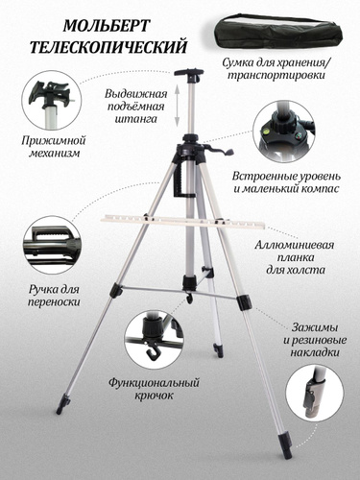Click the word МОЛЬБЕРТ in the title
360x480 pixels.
pyautogui.click(x=107, y=26)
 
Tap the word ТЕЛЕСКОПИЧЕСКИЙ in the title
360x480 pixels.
pyautogui.click(x=108, y=47)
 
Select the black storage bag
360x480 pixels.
pyautogui.click(x=277, y=33)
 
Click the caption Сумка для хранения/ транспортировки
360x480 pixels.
pyautogui.click(x=277, y=68)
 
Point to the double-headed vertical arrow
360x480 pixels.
pyautogui.click(x=177, y=107)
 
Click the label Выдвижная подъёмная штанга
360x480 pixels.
pyautogui.click(x=136, y=107)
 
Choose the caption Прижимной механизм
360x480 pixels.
pyautogui.click(x=54, y=146)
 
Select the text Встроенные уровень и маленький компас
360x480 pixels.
pyautogui.click(x=286, y=182)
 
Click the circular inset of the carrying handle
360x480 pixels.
pyautogui.click(x=51, y=245)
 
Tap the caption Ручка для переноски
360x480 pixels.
pyautogui.click(x=54, y=296)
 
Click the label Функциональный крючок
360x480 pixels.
pyautogui.click(x=154, y=389)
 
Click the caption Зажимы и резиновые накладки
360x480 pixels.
pyautogui.click(x=315, y=340)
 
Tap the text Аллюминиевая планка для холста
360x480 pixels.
pyautogui.click(x=295, y=257)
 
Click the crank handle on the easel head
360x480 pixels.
pyautogui.click(x=223, y=151)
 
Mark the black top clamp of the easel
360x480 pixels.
pyautogui.click(x=189, y=72)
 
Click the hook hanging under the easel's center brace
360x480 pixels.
pyautogui.click(x=190, y=298)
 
